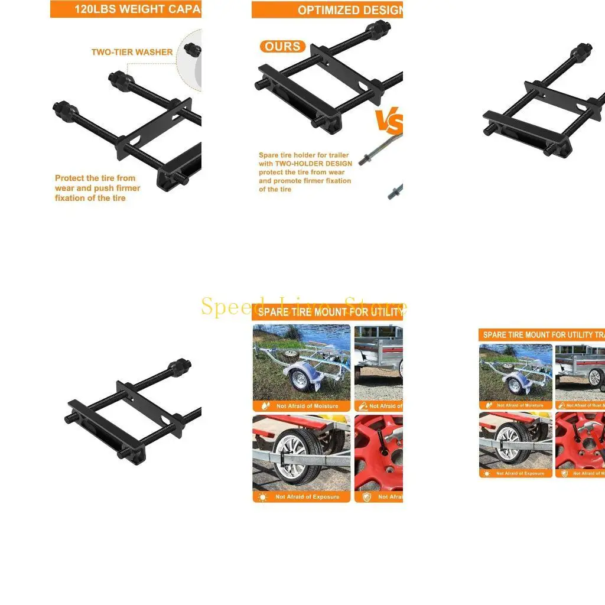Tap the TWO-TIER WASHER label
tap(132, 52)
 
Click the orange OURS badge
tap(282, 47)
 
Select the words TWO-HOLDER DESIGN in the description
tap(313, 164)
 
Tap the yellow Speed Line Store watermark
tap(304, 307)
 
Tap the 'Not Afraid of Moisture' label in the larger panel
tap(307, 406)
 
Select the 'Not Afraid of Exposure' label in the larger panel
tap(307, 497)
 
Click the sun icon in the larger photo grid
tap(263, 497)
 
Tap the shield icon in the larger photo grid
tap(365, 497)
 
